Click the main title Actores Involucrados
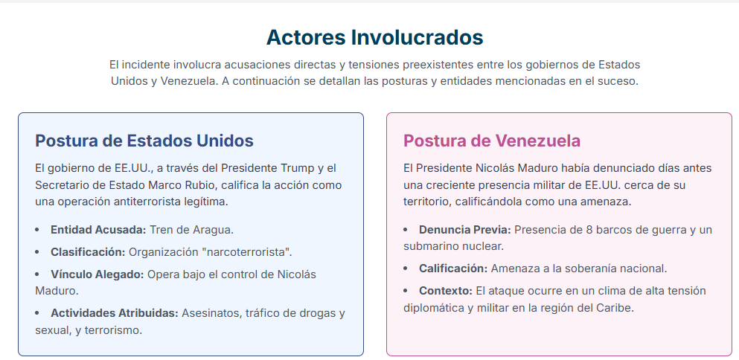coord(374,37)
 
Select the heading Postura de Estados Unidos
coord(144,141)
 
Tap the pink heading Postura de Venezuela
coord(492,141)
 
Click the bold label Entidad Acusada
coord(98,230)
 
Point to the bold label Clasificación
coord(88,252)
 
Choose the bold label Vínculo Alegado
coord(97,274)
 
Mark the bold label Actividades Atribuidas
coord(115,313)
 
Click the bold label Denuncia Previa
coord(465,230)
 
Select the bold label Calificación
coord(453,269)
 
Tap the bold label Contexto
coord(446,291)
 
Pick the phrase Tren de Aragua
coord(192,230)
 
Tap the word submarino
coord(429,246)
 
